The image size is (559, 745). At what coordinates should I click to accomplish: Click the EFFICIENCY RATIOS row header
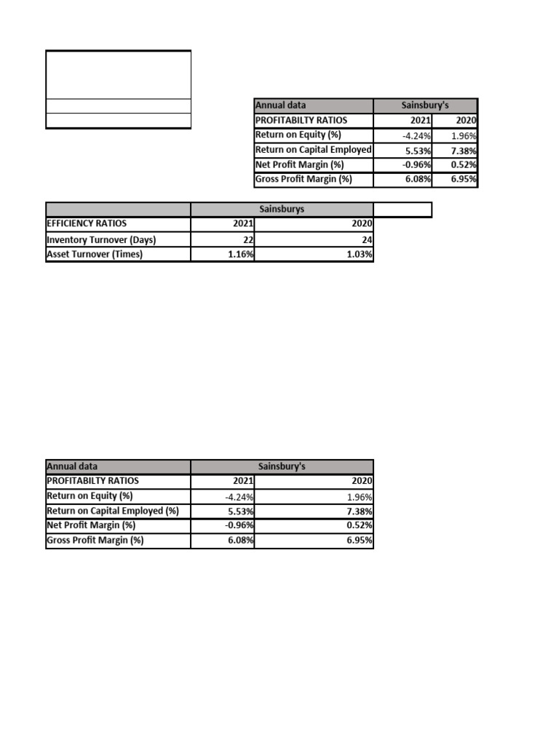point(87,224)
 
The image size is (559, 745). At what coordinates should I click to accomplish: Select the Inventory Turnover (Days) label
point(101,239)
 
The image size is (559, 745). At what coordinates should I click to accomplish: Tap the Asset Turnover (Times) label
point(95,254)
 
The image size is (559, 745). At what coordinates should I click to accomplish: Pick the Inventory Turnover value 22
point(247,239)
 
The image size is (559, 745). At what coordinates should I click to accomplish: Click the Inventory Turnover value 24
point(367,239)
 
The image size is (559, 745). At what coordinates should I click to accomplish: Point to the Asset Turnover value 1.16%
point(241,254)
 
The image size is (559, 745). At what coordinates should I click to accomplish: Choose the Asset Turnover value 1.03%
point(360,254)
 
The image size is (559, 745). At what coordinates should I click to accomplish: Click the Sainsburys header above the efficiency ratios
point(282,209)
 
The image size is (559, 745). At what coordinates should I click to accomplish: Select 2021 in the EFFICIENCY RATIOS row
point(243,224)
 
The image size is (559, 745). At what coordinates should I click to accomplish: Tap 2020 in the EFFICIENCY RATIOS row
point(362,224)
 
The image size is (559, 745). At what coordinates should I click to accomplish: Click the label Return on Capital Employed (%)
point(113,511)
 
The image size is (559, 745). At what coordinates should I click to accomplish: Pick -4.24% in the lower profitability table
point(240,497)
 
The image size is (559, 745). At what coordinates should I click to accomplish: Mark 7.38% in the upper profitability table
point(464,150)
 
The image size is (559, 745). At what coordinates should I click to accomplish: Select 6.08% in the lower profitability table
point(241,541)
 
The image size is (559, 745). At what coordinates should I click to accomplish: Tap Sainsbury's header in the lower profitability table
point(282,466)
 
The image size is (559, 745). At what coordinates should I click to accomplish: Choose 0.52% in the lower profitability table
point(360,525)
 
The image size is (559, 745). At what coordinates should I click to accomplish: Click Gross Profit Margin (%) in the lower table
point(95,541)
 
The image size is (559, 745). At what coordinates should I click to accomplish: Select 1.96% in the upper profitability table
point(464,135)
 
